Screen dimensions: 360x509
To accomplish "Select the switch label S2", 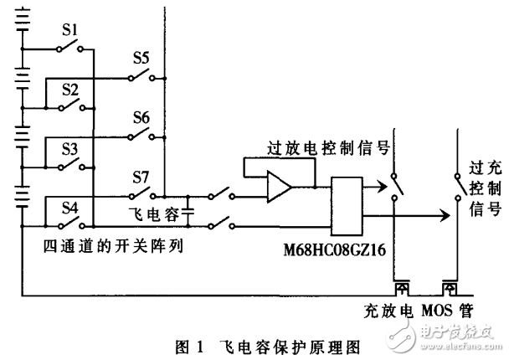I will coord(70,90).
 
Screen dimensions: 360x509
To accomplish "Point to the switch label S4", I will coord(70,208).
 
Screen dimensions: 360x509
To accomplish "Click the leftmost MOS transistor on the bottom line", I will coord(402,288).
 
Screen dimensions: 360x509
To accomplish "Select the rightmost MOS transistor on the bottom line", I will coord(451,288).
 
